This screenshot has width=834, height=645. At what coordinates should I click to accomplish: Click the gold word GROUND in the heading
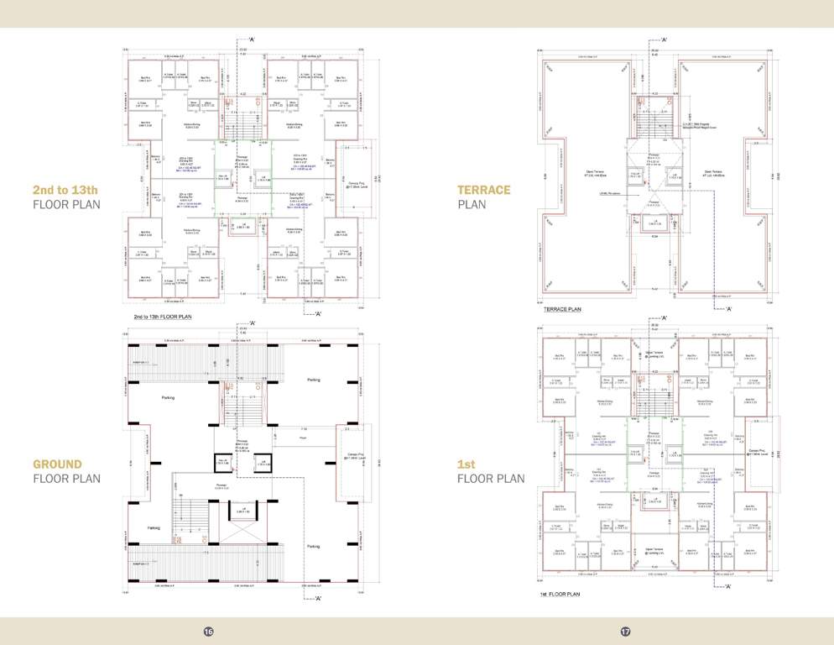(x=57, y=464)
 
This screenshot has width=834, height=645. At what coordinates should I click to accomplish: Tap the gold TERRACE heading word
(x=485, y=190)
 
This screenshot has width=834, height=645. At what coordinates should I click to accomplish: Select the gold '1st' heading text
(x=467, y=464)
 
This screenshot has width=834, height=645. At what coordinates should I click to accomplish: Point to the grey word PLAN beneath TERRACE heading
(x=472, y=204)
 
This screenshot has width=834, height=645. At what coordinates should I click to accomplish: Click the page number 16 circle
(x=208, y=632)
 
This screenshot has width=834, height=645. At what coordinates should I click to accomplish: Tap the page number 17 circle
(x=625, y=632)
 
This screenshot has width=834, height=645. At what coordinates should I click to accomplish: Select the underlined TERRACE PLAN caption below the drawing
(x=563, y=309)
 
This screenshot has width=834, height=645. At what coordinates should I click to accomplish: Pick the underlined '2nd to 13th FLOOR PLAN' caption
(x=170, y=317)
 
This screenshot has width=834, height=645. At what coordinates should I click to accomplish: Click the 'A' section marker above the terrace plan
(x=664, y=39)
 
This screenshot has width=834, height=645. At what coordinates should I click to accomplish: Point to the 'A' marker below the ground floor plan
(x=316, y=598)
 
